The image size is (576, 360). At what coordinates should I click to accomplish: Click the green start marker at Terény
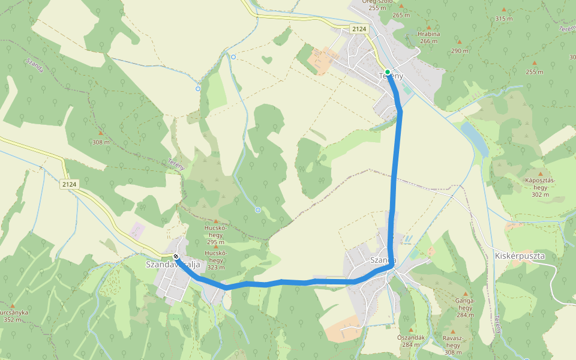388,72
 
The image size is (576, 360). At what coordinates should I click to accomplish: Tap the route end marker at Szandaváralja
176,257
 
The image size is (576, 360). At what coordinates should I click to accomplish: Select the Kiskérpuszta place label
520,256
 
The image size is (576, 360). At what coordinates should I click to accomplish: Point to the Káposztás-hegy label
540,187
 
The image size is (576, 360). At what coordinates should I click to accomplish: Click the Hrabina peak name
428,34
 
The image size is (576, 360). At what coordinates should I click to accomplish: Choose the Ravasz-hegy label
452,345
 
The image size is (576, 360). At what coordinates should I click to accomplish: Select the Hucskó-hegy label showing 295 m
216,235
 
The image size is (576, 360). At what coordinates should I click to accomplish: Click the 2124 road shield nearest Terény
359,29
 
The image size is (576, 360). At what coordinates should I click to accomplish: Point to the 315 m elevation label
504,19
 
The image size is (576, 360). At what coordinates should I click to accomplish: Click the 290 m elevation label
460,51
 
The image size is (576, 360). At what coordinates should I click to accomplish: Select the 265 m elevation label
401,15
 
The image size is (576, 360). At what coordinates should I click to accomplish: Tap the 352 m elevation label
12,320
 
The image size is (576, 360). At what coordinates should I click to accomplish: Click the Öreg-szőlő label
377,2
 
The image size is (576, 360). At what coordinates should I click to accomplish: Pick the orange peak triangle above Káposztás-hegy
540,173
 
